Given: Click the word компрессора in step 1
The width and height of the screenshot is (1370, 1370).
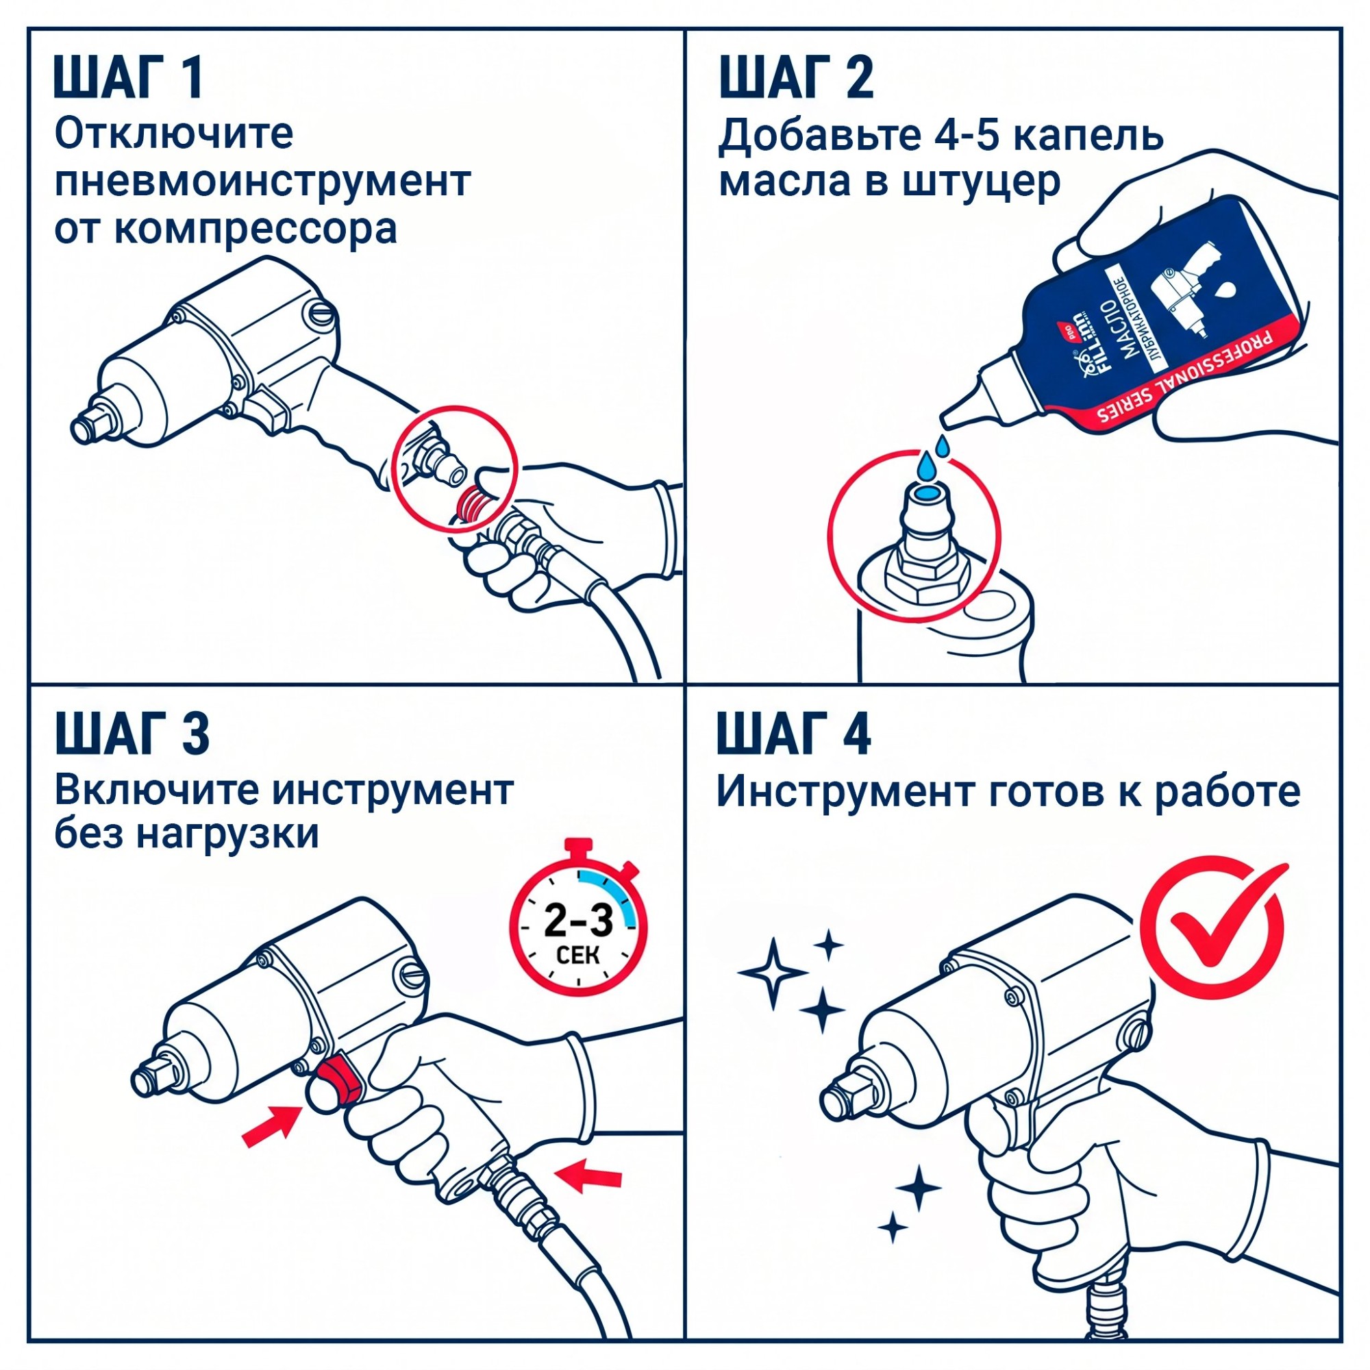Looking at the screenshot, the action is click(256, 229).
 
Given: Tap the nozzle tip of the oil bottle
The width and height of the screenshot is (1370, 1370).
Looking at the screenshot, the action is click(946, 421).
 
